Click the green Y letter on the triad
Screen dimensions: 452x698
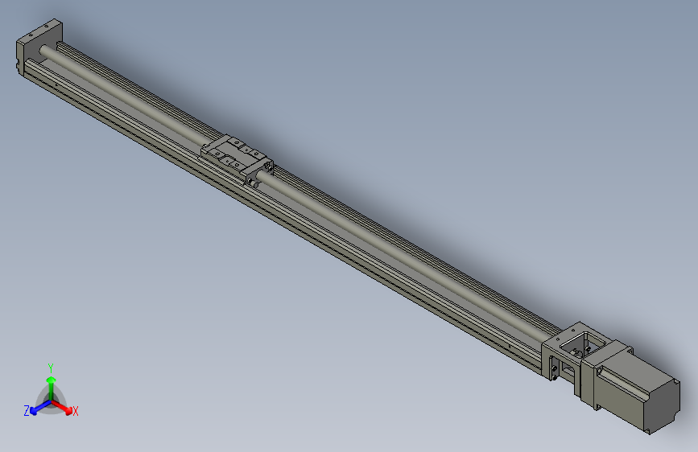click(x=50, y=365)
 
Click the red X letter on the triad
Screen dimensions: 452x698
click(x=75, y=411)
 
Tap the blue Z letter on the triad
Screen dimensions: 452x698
click(x=27, y=410)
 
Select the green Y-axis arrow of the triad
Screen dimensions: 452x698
click(x=51, y=383)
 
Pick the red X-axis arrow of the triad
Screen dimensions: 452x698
click(x=64, y=407)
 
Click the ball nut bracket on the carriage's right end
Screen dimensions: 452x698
click(x=262, y=170)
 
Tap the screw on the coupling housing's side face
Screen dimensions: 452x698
click(x=555, y=369)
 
